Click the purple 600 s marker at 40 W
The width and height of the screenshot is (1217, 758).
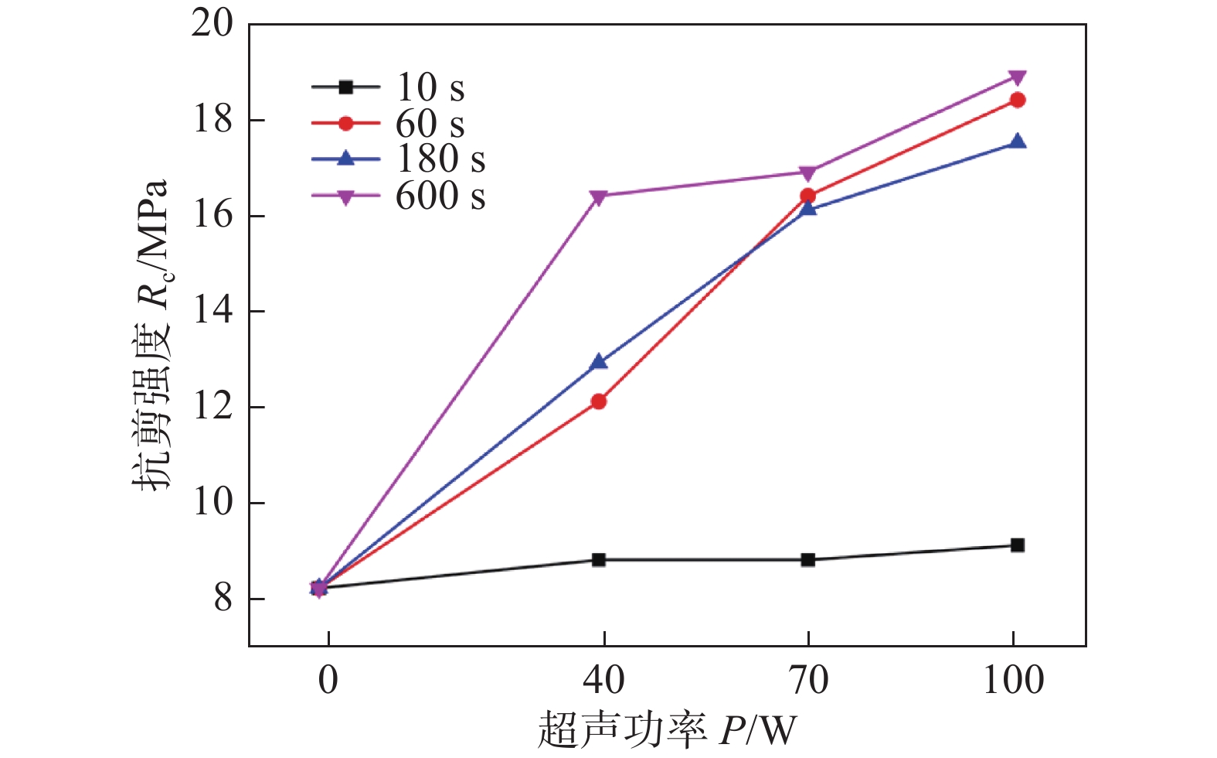[599, 196]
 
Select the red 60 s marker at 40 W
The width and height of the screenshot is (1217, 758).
[599, 401]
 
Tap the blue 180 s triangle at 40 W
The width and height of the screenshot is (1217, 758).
[599, 362]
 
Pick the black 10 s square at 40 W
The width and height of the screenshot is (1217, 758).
[599, 559]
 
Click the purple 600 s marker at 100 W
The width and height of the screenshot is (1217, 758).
[1018, 77]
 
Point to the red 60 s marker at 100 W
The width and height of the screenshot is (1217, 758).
[1018, 100]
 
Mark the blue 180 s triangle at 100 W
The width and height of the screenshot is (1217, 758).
[1018, 142]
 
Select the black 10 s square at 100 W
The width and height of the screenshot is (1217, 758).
[1018, 545]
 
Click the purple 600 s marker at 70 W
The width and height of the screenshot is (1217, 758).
[808, 172]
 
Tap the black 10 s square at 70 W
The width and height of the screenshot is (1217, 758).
[808, 559]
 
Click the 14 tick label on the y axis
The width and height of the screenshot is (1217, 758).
[212, 311]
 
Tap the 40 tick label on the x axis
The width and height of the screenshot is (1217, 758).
[603, 681]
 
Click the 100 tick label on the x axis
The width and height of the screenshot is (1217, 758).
[1013, 681]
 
